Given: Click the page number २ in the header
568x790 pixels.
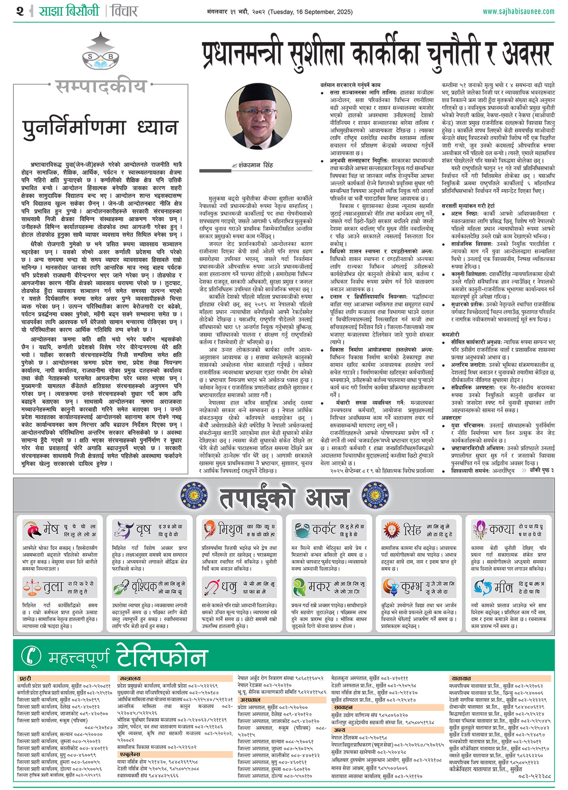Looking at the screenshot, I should click(x=19, y=11).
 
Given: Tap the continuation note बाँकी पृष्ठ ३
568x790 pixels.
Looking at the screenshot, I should click(x=541, y=470).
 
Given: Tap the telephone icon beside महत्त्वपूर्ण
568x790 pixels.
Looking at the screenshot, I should click(x=32, y=656).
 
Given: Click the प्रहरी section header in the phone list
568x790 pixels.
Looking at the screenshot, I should click(x=25, y=679).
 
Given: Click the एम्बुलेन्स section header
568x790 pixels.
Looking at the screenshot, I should click(x=130, y=754).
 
